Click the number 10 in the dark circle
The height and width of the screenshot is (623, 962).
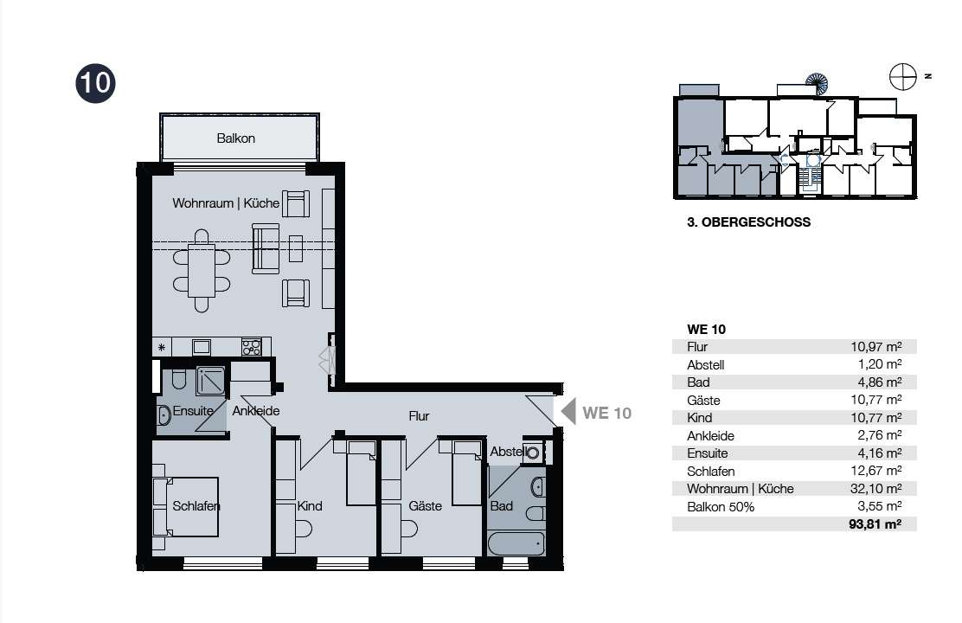point(96,83)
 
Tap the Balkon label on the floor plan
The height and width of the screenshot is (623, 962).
point(235,138)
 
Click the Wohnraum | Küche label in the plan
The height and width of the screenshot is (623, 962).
point(226,203)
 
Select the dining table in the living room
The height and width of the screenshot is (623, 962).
point(202,271)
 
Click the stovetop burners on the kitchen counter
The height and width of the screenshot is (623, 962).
point(252,347)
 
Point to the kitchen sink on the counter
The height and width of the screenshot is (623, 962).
point(202,347)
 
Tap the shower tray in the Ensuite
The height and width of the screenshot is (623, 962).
point(210,382)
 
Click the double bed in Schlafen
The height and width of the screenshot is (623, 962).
point(186,507)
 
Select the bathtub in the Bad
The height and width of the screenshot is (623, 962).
point(516,543)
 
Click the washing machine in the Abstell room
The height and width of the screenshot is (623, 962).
point(533,453)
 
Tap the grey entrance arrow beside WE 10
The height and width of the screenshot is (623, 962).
point(568,412)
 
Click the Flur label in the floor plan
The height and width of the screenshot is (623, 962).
point(419,416)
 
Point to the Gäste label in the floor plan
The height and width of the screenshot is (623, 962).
point(425,506)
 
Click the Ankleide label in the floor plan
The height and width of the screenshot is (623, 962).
point(256,411)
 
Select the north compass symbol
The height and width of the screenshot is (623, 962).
point(903,77)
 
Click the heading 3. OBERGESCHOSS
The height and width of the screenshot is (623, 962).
point(748,222)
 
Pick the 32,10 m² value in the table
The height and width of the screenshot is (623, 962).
point(876,489)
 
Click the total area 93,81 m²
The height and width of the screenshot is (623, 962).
point(875,524)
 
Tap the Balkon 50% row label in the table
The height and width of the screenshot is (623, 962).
point(721,507)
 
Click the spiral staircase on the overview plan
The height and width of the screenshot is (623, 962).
point(817,83)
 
